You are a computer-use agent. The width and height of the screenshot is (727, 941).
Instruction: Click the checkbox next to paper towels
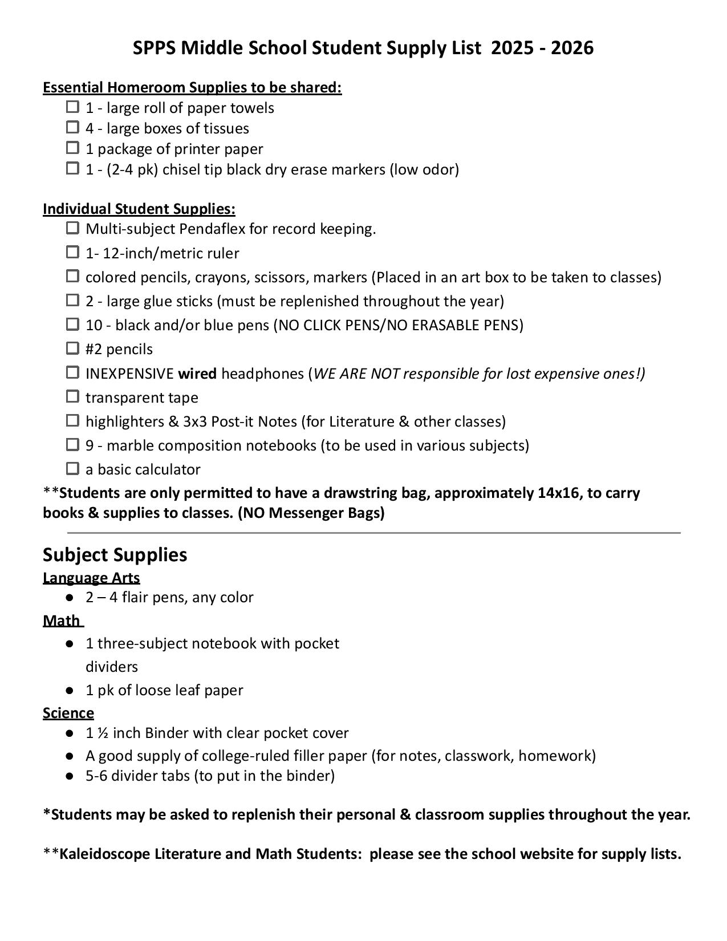(x=72, y=107)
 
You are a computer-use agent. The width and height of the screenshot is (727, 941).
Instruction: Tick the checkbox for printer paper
(x=72, y=148)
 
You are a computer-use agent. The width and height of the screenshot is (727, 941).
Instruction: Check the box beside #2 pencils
(x=72, y=348)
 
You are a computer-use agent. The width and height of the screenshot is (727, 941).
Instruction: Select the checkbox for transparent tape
(x=72, y=396)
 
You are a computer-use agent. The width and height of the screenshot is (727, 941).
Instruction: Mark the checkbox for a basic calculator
(x=72, y=468)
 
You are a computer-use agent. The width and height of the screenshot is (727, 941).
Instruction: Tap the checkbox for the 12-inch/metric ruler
(x=72, y=252)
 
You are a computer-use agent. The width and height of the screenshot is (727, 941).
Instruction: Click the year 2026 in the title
(x=572, y=48)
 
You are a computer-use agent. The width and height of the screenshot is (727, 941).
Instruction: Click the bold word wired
(x=197, y=374)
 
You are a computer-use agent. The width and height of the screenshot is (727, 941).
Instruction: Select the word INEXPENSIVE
(x=129, y=374)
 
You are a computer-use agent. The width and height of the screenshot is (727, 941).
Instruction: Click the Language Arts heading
(x=91, y=578)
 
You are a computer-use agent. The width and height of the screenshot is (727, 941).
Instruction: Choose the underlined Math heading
(x=62, y=620)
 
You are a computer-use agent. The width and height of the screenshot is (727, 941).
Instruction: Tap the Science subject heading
(x=68, y=713)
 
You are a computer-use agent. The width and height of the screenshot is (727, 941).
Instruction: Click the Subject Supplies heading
(x=115, y=554)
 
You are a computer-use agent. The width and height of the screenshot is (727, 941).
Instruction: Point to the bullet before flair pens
(x=70, y=597)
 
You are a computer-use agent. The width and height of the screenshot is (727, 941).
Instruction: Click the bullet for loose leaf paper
(x=70, y=690)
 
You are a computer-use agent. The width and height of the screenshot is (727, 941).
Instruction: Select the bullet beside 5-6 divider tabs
(x=70, y=776)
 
